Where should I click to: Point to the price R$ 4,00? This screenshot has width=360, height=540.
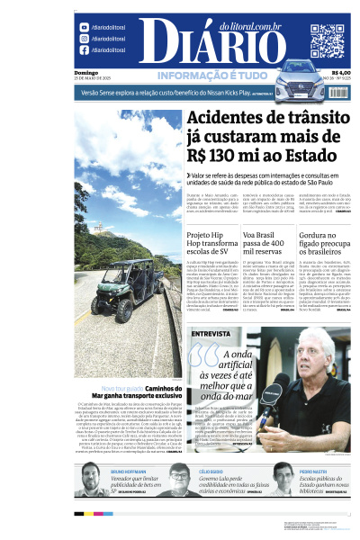click(x=341, y=73)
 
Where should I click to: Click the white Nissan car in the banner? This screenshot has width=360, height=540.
click(x=300, y=86)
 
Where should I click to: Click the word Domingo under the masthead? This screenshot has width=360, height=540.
click(x=86, y=72)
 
